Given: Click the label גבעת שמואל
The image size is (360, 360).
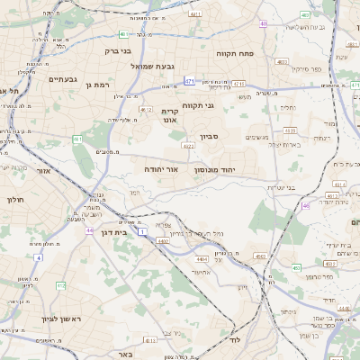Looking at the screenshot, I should [157, 66].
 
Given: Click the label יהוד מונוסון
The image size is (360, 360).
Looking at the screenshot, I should [215, 168].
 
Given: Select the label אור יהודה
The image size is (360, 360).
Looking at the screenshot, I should [161, 168].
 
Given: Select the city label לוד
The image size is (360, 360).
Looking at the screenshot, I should [235, 341].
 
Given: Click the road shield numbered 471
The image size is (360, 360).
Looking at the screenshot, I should [189, 81].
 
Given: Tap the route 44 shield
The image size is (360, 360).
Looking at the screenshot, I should [89, 230].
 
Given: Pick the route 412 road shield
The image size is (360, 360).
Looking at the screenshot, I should [60, 285].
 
